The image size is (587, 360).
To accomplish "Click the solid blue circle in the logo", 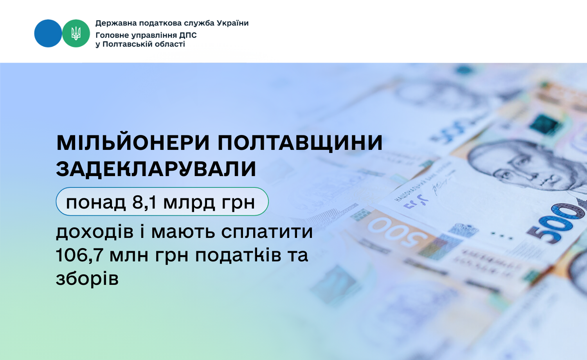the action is point(48,33).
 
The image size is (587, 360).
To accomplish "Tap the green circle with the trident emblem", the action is point(76,33).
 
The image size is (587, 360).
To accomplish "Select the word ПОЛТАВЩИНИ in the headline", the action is point(300,144).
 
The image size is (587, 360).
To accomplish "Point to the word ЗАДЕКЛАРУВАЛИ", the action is point(156,169).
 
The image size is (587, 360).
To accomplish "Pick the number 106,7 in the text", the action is point(79,255).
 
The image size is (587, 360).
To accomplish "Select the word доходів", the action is point(95,232).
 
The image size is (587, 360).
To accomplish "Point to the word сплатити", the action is point(267,232).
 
